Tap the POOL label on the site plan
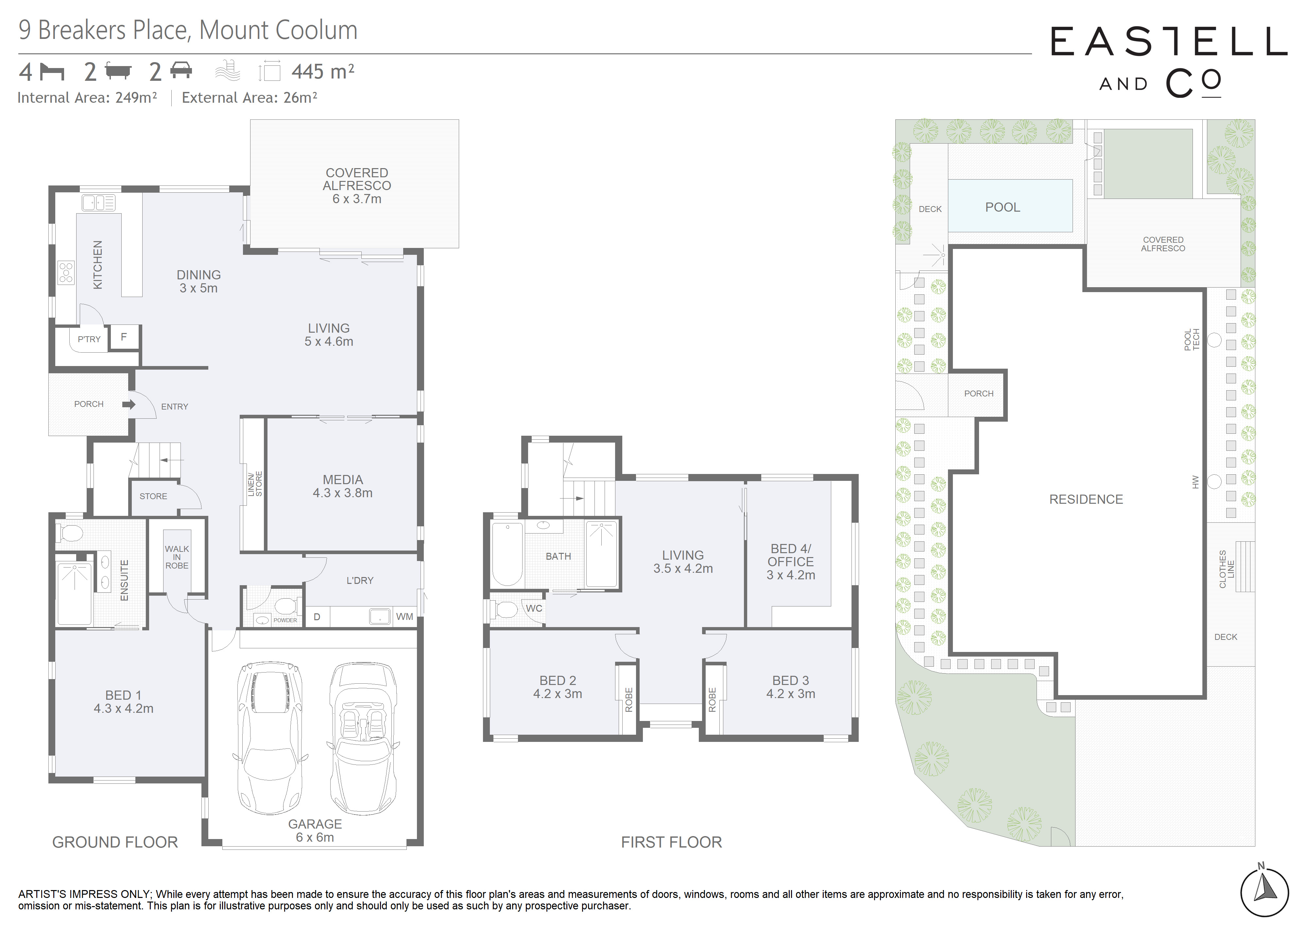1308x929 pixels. [x=1002, y=207]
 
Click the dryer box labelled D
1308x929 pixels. [x=317, y=617]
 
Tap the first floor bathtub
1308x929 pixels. [x=507, y=554]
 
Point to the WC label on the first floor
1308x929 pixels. [x=534, y=608]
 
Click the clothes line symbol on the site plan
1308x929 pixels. [x=1245, y=566]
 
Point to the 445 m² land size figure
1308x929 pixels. [x=323, y=72]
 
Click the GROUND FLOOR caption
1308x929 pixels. [x=115, y=842]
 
